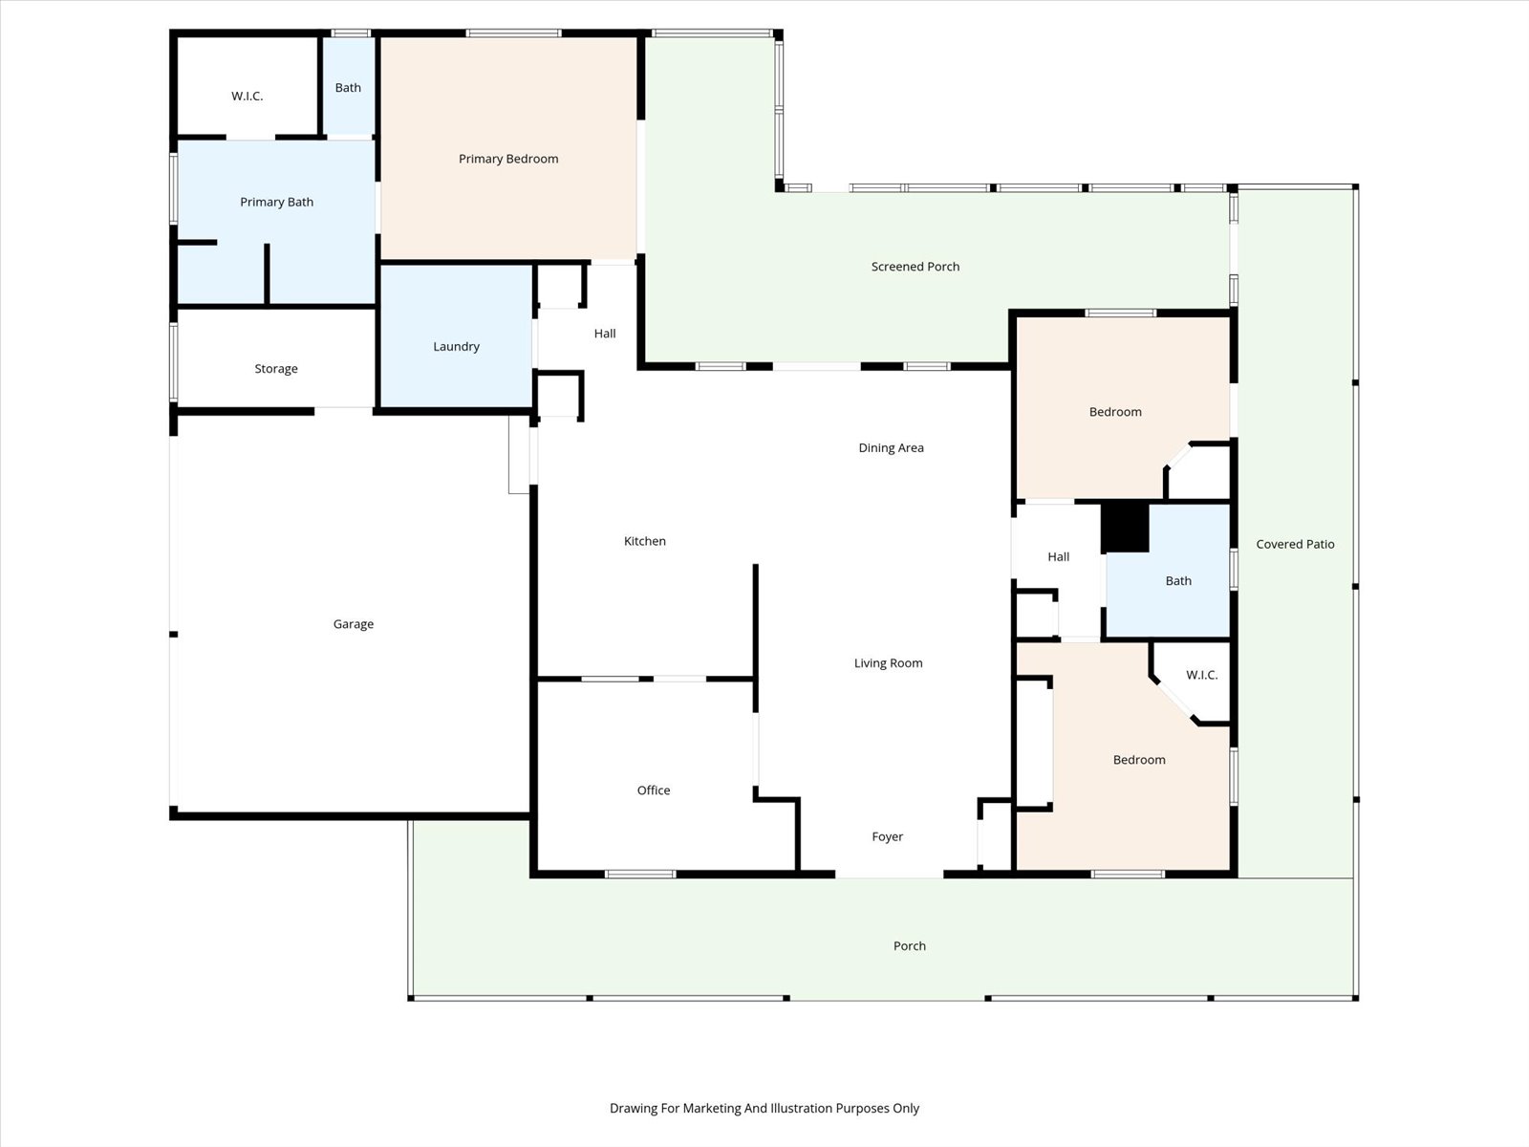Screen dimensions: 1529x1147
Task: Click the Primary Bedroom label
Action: (x=508, y=159)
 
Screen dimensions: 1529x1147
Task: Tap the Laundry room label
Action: (x=456, y=347)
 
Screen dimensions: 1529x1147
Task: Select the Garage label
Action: (x=354, y=625)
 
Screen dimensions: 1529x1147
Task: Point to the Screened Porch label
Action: (x=915, y=267)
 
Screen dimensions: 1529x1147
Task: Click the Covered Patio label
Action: (x=1295, y=545)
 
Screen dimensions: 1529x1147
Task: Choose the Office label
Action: (x=654, y=790)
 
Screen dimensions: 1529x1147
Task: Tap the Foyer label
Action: (x=888, y=837)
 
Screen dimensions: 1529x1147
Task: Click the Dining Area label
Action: (x=891, y=447)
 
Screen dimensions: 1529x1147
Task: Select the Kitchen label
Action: (x=645, y=541)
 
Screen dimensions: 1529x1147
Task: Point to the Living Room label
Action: (x=888, y=663)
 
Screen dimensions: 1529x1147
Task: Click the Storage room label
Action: (x=276, y=369)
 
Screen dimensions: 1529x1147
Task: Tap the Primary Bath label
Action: (x=276, y=202)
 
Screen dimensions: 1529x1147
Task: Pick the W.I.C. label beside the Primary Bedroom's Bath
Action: (x=248, y=97)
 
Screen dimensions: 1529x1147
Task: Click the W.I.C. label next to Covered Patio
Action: (x=1201, y=675)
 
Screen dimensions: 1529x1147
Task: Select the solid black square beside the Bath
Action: (x=1125, y=528)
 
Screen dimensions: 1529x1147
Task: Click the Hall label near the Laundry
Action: (x=605, y=334)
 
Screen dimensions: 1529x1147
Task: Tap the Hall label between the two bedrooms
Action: (x=1058, y=557)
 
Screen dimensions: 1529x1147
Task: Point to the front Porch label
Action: (x=910, y=945)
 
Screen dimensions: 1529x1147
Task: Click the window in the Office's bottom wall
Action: (x=640, y=874)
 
